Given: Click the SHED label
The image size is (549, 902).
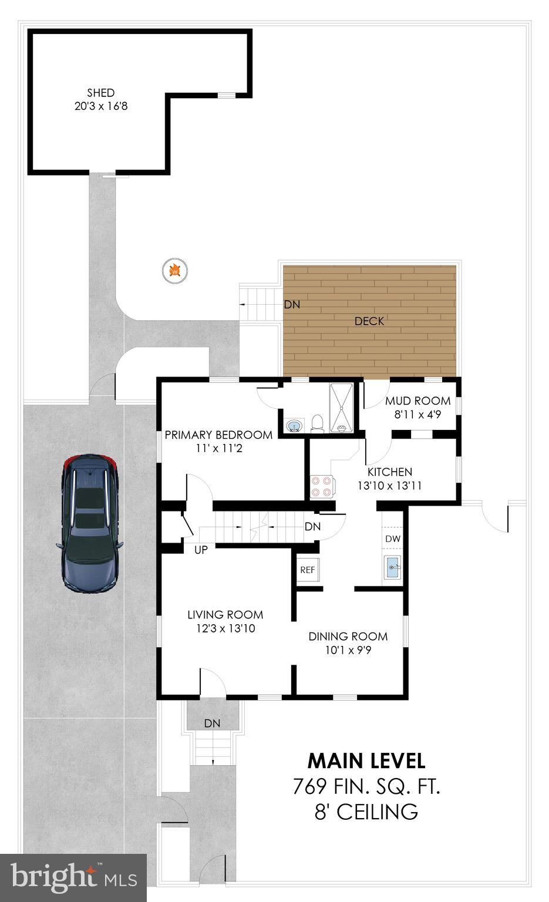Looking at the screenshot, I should (100, 93).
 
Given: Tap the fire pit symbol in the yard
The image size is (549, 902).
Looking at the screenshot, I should (174, 270).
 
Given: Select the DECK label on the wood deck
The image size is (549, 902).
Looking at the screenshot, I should (369, 321).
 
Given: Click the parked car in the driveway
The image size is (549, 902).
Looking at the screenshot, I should (91, 522).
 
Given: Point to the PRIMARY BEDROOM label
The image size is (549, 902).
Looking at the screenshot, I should (218, 435).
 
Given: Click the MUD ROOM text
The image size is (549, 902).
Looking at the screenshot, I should (417, 401).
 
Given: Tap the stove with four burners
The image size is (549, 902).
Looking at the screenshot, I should (321, 486).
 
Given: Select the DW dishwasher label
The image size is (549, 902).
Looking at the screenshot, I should (393, 538).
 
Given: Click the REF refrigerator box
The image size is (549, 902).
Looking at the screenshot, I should (307, 570).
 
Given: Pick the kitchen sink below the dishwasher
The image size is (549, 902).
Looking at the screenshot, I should (393, 567).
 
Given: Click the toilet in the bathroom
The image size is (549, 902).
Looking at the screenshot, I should (317, 422).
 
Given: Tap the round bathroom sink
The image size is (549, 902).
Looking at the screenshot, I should (293, 425).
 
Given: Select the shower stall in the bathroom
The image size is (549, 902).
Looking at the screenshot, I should (341, 408).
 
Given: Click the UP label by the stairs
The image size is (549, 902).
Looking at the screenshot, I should (201, 550).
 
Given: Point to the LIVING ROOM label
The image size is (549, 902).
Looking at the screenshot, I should (225, 615).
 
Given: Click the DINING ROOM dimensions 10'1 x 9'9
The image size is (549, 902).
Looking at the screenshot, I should (348, 650).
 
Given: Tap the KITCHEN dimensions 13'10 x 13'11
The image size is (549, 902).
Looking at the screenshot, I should (389, 486).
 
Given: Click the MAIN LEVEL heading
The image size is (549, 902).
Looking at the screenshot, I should (366, 760).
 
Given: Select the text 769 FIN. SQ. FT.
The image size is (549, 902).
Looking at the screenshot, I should (366, 786).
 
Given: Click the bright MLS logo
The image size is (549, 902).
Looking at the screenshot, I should (73, 877).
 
